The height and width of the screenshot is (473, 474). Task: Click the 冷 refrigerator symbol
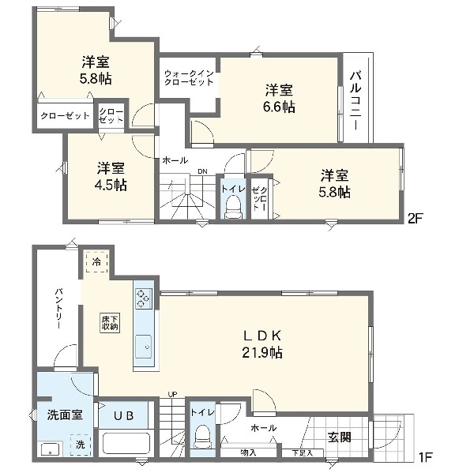96,261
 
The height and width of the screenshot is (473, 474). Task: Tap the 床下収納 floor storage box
110,322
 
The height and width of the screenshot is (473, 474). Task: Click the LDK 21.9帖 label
262,344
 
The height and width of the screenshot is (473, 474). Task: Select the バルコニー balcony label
355,100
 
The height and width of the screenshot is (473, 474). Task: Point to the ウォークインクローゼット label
189,77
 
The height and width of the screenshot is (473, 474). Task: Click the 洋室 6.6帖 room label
279,98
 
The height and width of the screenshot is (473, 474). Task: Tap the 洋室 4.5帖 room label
111,176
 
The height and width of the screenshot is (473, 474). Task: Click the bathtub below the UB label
126,443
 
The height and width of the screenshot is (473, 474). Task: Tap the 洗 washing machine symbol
81,445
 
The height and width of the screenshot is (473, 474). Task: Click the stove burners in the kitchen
144,298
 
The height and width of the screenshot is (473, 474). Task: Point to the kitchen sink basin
143,347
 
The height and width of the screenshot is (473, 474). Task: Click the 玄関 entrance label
340,437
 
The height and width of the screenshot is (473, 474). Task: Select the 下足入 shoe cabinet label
303,453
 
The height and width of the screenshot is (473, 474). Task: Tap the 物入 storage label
248,452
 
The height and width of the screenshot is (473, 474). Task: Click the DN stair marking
202,171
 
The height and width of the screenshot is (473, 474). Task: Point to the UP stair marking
172,394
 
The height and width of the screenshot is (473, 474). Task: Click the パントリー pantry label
58,309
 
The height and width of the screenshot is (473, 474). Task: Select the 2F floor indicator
415,218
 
